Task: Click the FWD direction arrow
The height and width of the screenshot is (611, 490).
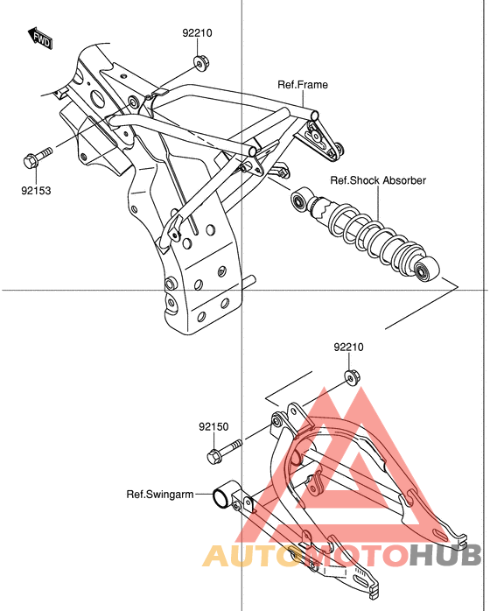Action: (x=40, y=39)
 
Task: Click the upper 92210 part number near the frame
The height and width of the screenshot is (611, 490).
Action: (x=197, y=33)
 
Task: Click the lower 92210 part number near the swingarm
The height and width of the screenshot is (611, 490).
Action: (x=348, y=347)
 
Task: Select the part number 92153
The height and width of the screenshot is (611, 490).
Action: (x=36, y=191)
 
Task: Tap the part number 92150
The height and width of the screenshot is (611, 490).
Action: (x=213, y=426)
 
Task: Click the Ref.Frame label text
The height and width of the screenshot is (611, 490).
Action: (x=303, y=85)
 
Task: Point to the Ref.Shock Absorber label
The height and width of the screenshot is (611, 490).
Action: (x=378, y=180)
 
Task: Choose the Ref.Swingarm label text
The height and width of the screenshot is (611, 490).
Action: (x=160, y=494)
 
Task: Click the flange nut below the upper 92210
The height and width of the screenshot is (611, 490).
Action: (x=201, y=62)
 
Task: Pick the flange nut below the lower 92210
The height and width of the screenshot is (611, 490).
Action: (x=353, y=376)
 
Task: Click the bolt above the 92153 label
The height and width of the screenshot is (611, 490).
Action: (x=37, y=158)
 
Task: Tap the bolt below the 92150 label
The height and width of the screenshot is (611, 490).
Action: (x=224, y=451)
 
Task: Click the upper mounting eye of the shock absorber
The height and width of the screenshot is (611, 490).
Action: (x=301, y=200)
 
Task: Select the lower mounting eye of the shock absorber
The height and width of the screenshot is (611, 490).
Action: (x=426, y=270)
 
